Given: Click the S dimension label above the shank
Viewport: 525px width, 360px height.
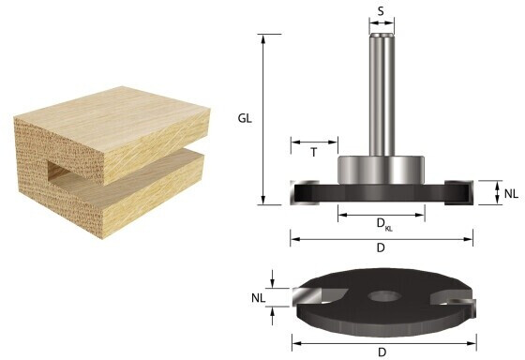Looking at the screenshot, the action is pyautogui.click(x=381, y=11).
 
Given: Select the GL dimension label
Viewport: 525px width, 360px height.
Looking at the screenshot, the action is pyautogui.click(x=245, y=118).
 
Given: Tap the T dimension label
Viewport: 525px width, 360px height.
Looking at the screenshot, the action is pyautogui.click(x=314, y=153).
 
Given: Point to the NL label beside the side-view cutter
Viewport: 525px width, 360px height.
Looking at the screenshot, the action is pyautogui.click(x=511, y=193).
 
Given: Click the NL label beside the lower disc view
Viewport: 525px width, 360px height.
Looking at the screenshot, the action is pyautogui.click(x=258, y=298).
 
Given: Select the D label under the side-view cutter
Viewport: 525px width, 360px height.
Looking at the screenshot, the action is pyautogui.click(x=381, y=248).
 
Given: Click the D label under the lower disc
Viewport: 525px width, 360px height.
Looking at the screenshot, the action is pyautogui.click(x=382, y=352).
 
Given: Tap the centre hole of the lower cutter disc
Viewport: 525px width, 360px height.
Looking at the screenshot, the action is pyautogui.click(x=383, y=296).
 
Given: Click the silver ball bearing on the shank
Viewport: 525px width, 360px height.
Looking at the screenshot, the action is pyautogui.click(x=381, y=170).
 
